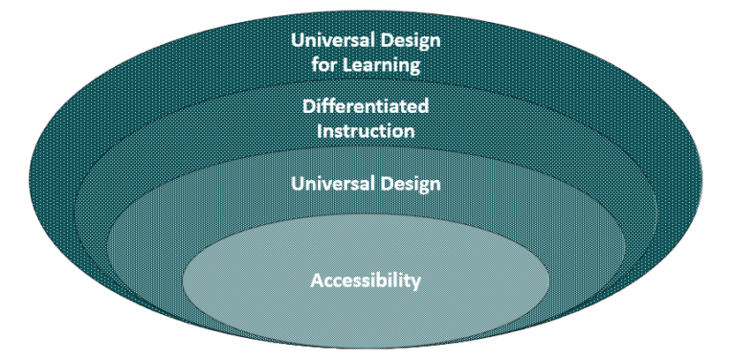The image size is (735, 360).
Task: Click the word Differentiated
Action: pyautogui.click(x=366, y=106)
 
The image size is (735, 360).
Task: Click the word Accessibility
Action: pyautogui.click(x=366, y=281)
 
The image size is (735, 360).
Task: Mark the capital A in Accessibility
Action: pyautogui.click(x=316, y=281)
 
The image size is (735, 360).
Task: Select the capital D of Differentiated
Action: pyautogui.click(x=308, y=106)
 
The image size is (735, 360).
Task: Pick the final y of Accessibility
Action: pyautogui.click(x=416, y=283)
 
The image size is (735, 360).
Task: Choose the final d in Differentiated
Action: pyautogui.click(x=423, y=106)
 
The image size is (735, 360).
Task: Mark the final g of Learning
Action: pyautogui.click(x=417, y=68)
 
